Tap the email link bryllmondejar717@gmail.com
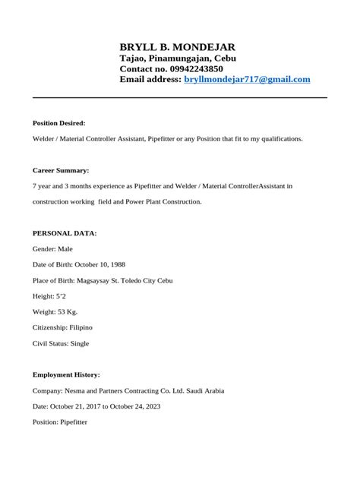247,79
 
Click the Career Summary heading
61,170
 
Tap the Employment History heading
66,374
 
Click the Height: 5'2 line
51,296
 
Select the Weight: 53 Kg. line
55,312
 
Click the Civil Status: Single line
61,343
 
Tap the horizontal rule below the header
179,98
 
